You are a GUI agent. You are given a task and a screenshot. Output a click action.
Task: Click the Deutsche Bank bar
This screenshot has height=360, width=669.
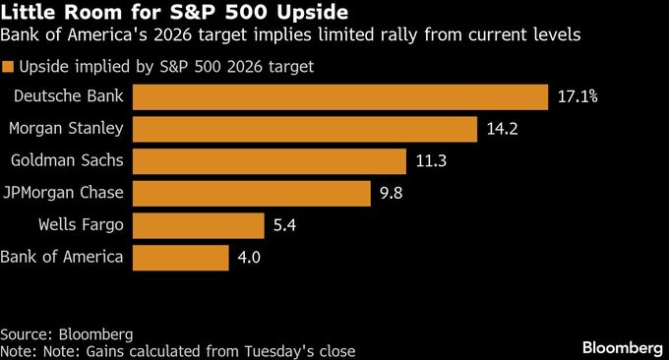click(x=339, y=96)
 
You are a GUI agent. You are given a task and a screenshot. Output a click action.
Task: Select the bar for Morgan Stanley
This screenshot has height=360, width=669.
click(x=304, y=129)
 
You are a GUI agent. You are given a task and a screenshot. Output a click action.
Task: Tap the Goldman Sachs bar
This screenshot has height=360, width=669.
click(x=269, y=161)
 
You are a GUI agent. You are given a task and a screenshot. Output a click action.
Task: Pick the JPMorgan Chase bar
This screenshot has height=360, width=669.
click(x=250, y=193)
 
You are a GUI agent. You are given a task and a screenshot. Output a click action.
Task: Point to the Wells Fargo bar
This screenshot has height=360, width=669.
click(x=197, y=225)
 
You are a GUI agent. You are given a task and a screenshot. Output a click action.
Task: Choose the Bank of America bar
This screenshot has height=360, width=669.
click(x=179, y=258)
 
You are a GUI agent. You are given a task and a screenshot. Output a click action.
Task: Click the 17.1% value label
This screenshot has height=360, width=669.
click(x=578, y=96)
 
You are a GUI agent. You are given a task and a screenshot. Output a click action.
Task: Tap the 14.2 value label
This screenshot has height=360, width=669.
click(x=501, y=129)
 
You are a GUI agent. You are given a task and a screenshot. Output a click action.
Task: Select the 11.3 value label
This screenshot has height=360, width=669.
click(x=430, y=161)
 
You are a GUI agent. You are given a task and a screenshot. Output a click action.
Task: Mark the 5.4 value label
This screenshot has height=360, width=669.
click(x=284, y=225)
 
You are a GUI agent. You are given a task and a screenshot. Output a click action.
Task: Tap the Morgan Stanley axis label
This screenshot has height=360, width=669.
click(x=66, y=129)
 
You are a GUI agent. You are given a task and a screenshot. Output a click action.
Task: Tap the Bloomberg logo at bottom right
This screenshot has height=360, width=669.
click(x=622, y=347)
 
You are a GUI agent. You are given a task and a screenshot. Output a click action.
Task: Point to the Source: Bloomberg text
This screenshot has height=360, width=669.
click(x=66, y=334)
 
